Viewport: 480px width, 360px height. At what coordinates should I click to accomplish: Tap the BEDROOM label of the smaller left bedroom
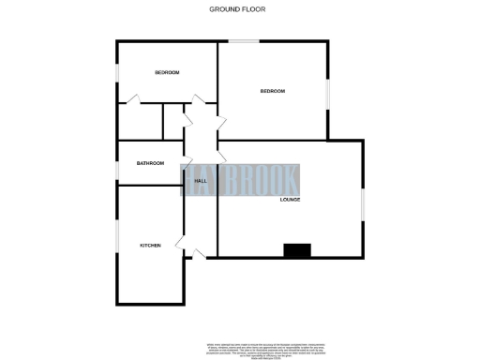[x=167, y=73]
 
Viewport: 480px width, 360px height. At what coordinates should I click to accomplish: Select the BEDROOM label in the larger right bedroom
[x=272, y=91]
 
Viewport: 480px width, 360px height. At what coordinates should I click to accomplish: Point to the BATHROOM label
[x=150, y=163]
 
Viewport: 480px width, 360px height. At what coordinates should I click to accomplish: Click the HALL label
[x=200, y=181]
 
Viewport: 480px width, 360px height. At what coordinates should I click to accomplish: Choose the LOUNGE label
[x=290, y=200]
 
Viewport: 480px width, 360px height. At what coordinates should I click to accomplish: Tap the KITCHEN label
[x=150, y=246]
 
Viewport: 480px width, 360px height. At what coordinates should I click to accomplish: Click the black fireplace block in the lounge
[x=297, y=250]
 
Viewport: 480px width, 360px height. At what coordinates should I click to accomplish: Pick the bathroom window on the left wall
[x=116, y=163]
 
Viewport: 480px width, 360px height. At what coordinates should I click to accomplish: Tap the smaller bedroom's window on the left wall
[x=116, y=73]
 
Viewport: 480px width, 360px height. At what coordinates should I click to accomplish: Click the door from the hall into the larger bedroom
[x=222, y=122]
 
